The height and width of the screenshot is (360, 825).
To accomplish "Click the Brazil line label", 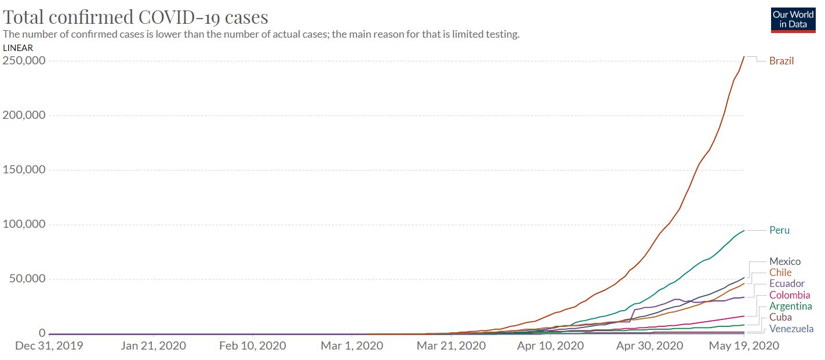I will coord(781,61).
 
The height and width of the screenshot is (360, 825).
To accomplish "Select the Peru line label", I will coord(779,230).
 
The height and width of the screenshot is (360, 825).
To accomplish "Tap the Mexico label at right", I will coord(784,261).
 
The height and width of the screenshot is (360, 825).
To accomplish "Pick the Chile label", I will coord(780,272).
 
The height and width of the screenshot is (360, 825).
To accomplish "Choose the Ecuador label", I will coord(787,283).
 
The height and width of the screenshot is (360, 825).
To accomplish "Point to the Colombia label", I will coord(790,295).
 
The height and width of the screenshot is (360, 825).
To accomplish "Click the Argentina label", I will coord(790,306).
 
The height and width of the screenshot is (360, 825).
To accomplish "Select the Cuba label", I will coord(780,317).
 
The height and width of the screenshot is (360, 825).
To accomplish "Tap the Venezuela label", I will coord(791,329).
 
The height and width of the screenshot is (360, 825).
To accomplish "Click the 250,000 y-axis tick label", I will coord(24,60).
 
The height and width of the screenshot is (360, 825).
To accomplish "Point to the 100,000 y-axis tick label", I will coord(24,224).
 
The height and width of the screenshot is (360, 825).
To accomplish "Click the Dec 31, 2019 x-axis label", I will coord(49,346).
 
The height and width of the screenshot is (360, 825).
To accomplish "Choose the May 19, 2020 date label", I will coord(744,346).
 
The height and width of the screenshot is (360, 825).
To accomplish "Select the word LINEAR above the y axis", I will coord(18,48).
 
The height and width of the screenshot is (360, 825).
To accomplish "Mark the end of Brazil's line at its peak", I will coord(744,56).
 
